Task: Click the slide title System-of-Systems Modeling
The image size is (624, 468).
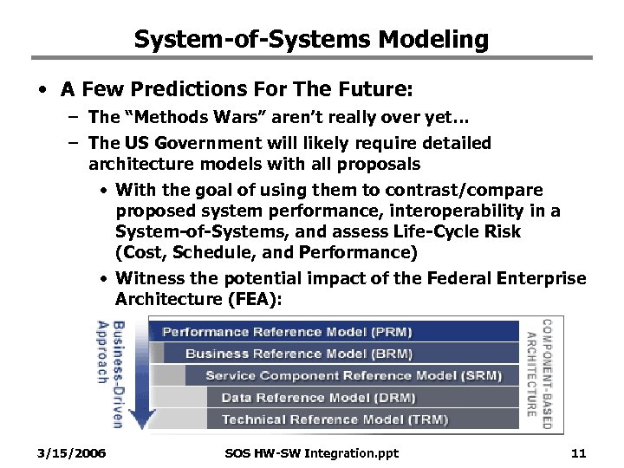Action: click(312, 39)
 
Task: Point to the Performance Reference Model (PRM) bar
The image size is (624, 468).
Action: click(287, 331)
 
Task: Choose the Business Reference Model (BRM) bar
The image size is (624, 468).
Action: click(298, 354)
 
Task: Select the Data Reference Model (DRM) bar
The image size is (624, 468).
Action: click(318, 398)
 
